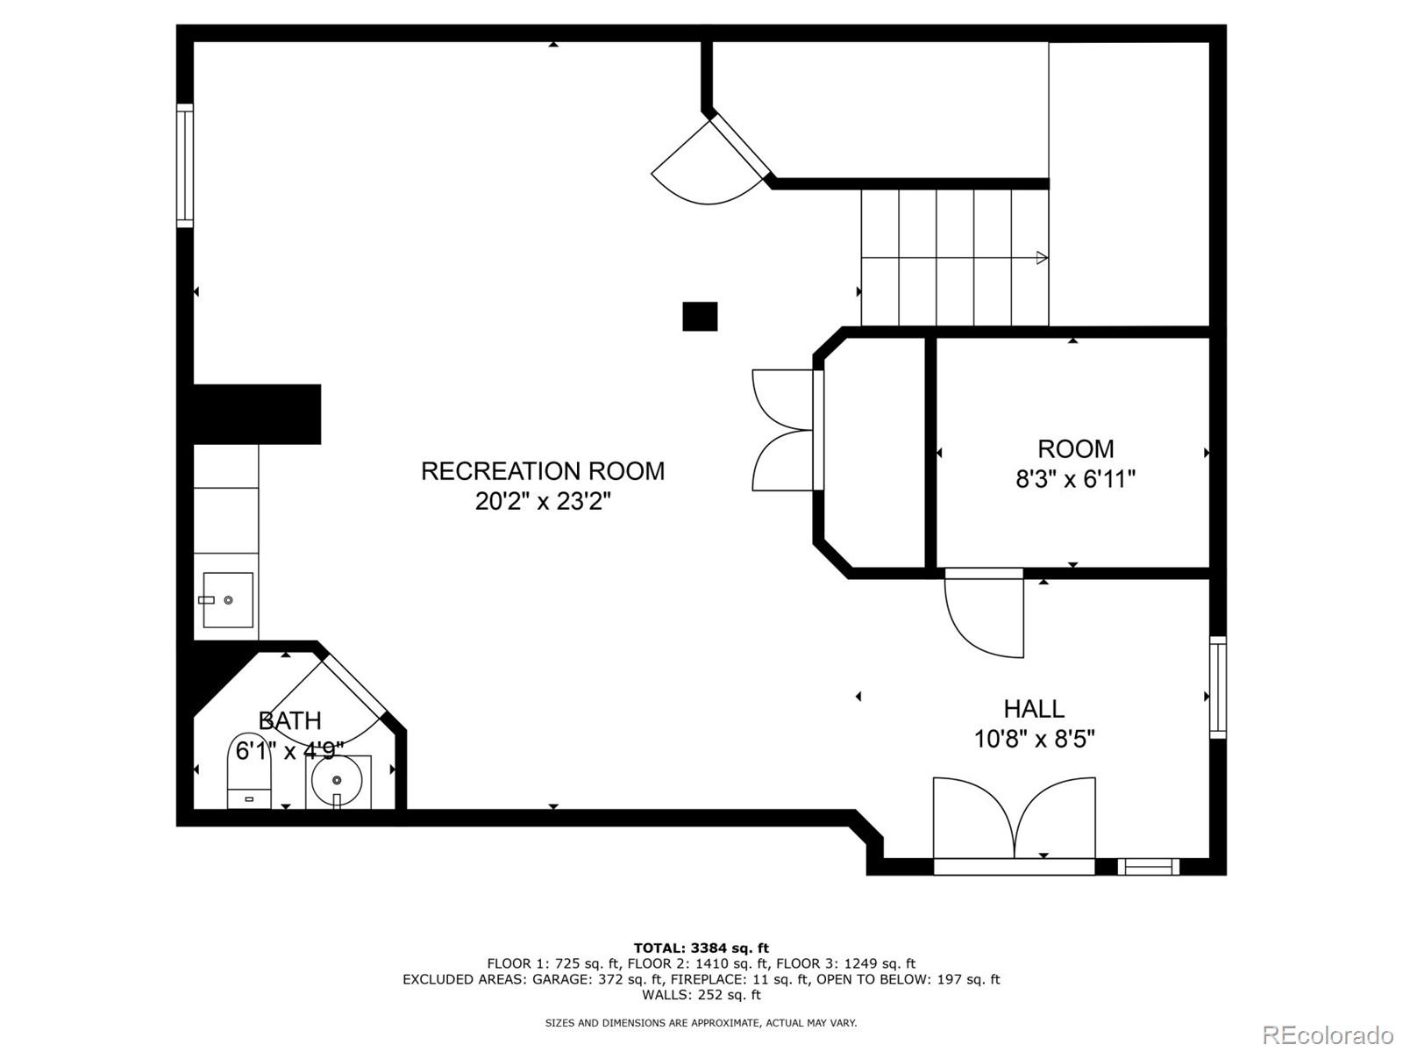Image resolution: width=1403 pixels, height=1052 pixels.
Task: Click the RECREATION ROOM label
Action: (543, 471)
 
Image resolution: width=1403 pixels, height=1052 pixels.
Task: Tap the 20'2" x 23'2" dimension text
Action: (543, 501)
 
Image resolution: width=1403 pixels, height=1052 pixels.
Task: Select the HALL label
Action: (1034, 709)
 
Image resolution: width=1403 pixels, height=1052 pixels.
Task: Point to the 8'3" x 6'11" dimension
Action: (1076, 479)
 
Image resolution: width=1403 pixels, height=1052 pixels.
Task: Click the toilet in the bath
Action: (249, 770)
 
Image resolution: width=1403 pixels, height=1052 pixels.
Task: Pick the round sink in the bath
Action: (337, 780)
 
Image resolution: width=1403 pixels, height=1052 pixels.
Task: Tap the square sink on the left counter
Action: (228, 600)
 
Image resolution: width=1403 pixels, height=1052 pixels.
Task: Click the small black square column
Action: (700, 317)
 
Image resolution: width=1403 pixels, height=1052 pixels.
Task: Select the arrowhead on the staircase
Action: (1042, 258)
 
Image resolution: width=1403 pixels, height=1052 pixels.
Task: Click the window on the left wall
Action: (185, 165)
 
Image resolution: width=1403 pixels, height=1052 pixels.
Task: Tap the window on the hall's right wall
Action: (1218, 688)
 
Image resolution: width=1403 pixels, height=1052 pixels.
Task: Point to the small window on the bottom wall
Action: (1148, 867)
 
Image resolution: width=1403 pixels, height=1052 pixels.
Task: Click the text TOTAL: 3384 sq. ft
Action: (701, 948)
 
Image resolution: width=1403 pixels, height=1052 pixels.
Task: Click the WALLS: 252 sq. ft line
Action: (701, 994)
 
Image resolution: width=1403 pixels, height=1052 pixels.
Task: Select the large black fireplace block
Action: (257, 414)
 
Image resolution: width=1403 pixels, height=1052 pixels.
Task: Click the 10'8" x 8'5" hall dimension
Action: (1034, 740)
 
